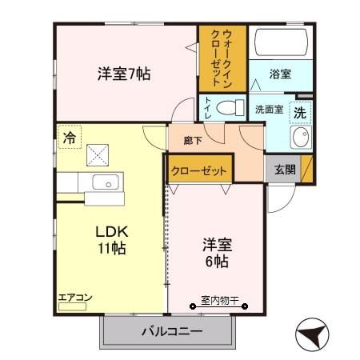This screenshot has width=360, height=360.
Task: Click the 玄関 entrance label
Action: (284, 169)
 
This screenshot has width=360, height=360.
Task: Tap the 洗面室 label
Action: (268, 110)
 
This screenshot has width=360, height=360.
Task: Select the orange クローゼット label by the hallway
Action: (200, 170)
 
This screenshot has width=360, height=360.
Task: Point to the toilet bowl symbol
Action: (231, 106)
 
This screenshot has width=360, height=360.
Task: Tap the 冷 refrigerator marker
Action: (70, 138)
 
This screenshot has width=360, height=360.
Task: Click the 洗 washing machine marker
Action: (298, 113)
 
